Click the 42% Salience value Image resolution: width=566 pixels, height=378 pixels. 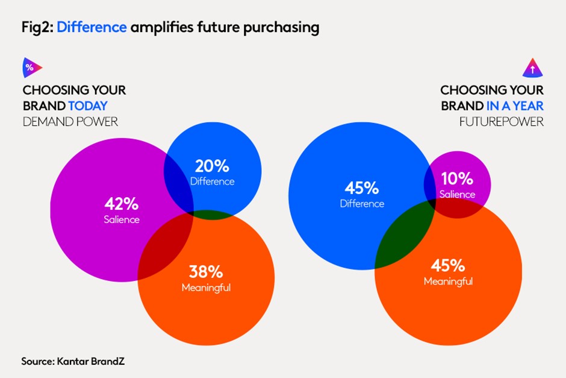click(121, 203)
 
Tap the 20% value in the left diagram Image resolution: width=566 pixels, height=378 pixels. click(212, 166)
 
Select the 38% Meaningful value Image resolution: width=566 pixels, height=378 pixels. click(206, 271)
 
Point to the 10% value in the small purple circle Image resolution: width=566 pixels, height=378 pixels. click(457, 179)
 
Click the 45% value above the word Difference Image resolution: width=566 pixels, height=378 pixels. click(361, 187)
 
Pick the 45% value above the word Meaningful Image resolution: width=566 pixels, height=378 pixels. click(448, 265)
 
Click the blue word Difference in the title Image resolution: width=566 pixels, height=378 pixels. click(92, 27)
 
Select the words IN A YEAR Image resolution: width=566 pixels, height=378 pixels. click(515, 106)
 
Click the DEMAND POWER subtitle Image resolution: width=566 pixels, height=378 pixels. click(70, 122)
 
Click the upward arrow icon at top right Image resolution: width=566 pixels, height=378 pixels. click(533, 68)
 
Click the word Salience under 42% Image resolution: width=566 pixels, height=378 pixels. click(121, 219)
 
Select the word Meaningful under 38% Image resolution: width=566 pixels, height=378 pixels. click(206, 288)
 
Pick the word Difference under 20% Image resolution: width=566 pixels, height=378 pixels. click(212, 181)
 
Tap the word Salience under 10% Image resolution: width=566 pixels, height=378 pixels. click(457, 194)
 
